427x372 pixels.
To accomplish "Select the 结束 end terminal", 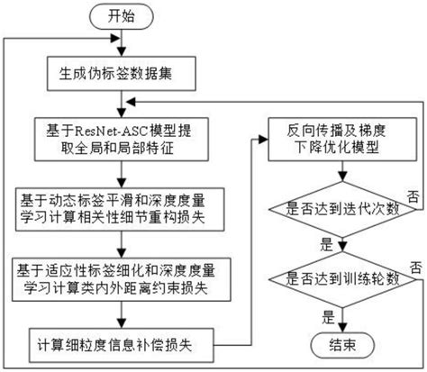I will coord(342,344).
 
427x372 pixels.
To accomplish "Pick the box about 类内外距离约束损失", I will coord(118,276).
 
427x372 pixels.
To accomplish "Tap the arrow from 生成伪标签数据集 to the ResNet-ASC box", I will coord(118,102).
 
